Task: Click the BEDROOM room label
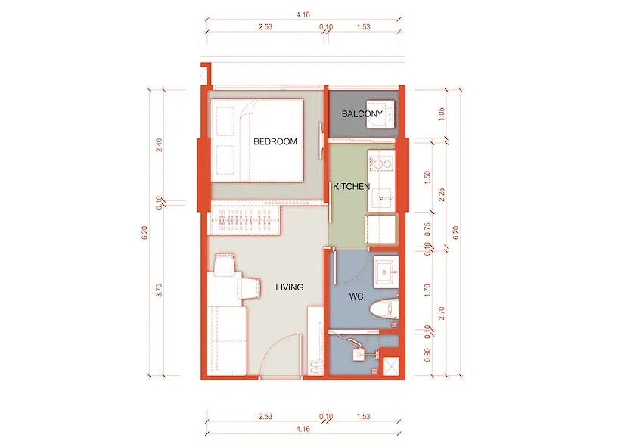(x=275, y=141)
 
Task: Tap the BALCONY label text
(x=362, y=114)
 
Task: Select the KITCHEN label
(x=351, y=186)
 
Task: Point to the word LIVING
(x=290, y=287)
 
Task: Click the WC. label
(x=357, y=296)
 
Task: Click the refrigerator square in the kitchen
(x=382, y=229)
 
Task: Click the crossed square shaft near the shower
(x=391, y=365)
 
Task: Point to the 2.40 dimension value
(x=159, y=145)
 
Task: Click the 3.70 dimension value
(x=159, y=290)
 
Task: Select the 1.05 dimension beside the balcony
(x=442, y=114)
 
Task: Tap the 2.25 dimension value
(x=442, y=194)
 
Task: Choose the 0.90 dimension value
(x=427, y=355)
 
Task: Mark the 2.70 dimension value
(x=442, y=313)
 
